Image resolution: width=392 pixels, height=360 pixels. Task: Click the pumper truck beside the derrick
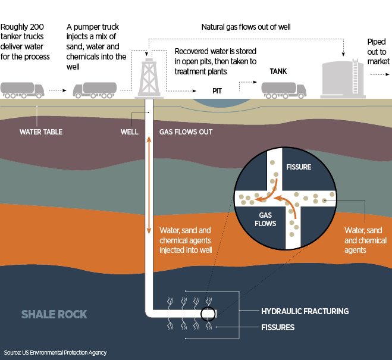pyautogui.click(x=95, y=89)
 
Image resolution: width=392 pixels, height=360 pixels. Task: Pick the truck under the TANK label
pyautogui.click(x=284, y=89)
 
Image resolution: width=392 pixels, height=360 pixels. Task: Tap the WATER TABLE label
pyautogui.click(x=41, y=132)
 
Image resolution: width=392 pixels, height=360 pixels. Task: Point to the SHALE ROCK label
pyautogui.click(x=54, y=314)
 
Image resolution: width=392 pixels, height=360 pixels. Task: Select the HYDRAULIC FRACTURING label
pyautogui.click(x=305, y=311)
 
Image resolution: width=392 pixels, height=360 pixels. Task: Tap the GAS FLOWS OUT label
pyautogui.click(x=186, y=132)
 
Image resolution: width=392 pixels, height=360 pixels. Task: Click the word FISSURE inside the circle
pyautogui.click(x=299, y=167)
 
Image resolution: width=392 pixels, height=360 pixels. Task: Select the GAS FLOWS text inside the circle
pyautogui.click(x=266, y=220)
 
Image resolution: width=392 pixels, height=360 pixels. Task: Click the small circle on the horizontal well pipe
pyautogui.click(x=208, y=314)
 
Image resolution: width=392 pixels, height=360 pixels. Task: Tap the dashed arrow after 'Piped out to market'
pyautogui.click(x=377, y=76)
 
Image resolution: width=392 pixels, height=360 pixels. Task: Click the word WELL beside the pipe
pyautogui.click(x=129, y=132)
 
